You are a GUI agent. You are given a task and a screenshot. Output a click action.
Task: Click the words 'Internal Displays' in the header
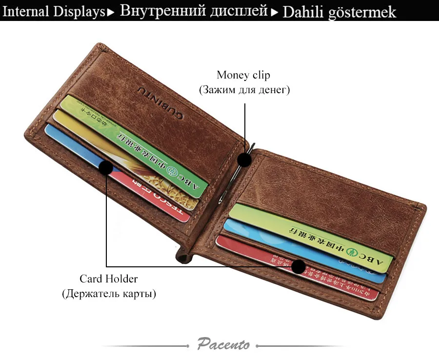[54, 11]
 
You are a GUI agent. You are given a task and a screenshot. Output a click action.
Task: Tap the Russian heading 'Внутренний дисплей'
[194, 11]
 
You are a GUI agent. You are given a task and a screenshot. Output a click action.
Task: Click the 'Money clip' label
[243, 75]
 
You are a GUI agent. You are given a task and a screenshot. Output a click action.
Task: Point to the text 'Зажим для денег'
[244, 90]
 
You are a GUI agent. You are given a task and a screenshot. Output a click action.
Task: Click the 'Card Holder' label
[109, 279]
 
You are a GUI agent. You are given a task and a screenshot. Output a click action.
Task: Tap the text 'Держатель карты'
[109, 294]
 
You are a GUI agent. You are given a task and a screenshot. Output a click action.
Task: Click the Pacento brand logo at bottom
[224, 344]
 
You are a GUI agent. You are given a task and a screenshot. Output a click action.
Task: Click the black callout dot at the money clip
[245, 159]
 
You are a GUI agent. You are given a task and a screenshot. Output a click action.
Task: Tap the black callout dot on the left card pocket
[106, 167]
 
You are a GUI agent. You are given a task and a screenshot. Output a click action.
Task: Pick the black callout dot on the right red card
[298, 267]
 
